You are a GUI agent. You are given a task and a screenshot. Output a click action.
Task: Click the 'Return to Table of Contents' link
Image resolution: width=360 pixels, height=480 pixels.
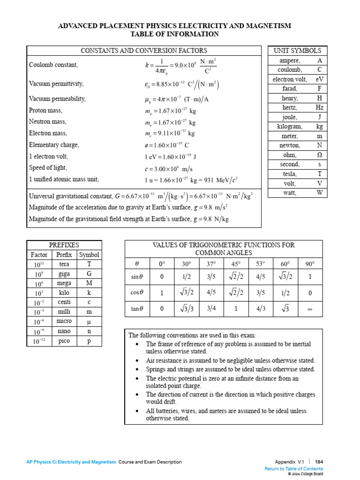(x=293, y=469)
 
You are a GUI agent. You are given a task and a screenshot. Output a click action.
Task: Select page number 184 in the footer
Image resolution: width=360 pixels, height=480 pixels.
(x=319, y=462)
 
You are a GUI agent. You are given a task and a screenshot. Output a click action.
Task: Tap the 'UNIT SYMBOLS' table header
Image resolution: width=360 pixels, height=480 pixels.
(x=297, y=51)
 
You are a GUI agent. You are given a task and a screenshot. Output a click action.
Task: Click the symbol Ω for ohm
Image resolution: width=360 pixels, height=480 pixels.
(x=319, y=155)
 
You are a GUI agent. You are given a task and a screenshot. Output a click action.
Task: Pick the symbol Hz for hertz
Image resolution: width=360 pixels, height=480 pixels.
(x=319, y=107)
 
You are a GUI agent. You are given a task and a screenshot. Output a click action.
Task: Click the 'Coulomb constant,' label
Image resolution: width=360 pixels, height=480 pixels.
(x=53, y=65)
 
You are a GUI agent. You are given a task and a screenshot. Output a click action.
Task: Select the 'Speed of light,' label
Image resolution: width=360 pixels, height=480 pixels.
(x=48, y=167)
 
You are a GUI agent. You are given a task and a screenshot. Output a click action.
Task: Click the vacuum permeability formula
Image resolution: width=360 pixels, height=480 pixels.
(x=177, y=99)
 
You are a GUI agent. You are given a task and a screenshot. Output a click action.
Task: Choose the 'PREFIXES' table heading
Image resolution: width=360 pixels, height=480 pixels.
(x=64, y=245)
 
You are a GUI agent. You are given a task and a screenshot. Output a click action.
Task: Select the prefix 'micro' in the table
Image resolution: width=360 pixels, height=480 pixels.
(x=64, y=322)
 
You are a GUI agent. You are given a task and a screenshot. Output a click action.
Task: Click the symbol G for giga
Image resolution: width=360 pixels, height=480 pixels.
(x=89, y=274)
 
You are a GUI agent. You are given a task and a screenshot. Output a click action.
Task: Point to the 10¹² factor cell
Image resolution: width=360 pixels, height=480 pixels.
(x=39, y=264)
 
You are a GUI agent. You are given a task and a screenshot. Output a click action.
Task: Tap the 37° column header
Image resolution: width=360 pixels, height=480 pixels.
(x=211, y=264)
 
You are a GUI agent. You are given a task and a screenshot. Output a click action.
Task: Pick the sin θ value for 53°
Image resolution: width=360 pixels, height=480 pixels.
(x=261, y=277)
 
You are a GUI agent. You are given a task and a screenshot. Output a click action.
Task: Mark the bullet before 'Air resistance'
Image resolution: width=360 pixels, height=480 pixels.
(x=136, y=360)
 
